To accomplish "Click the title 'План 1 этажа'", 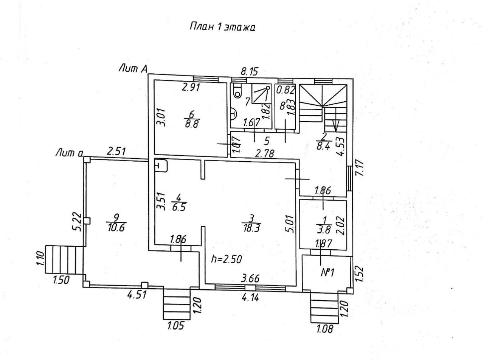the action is click(222, 27).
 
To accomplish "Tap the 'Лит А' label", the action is click(133, 69).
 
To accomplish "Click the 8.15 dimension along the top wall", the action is click(250, 71).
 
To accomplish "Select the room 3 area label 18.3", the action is click(251, 228).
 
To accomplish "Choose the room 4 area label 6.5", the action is click(179, 207).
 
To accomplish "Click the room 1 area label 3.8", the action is click(324, 230).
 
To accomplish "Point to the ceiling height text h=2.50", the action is click(227, 259).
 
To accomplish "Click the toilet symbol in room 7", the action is click(237, 91).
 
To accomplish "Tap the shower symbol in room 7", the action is click(262, 94).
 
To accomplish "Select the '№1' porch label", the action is click(327, 273).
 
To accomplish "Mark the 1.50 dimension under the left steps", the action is click(61, 280).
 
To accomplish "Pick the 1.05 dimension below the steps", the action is click(176, 326).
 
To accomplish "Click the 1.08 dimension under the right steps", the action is click(325, 329).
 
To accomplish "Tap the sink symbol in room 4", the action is click(161, 166).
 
